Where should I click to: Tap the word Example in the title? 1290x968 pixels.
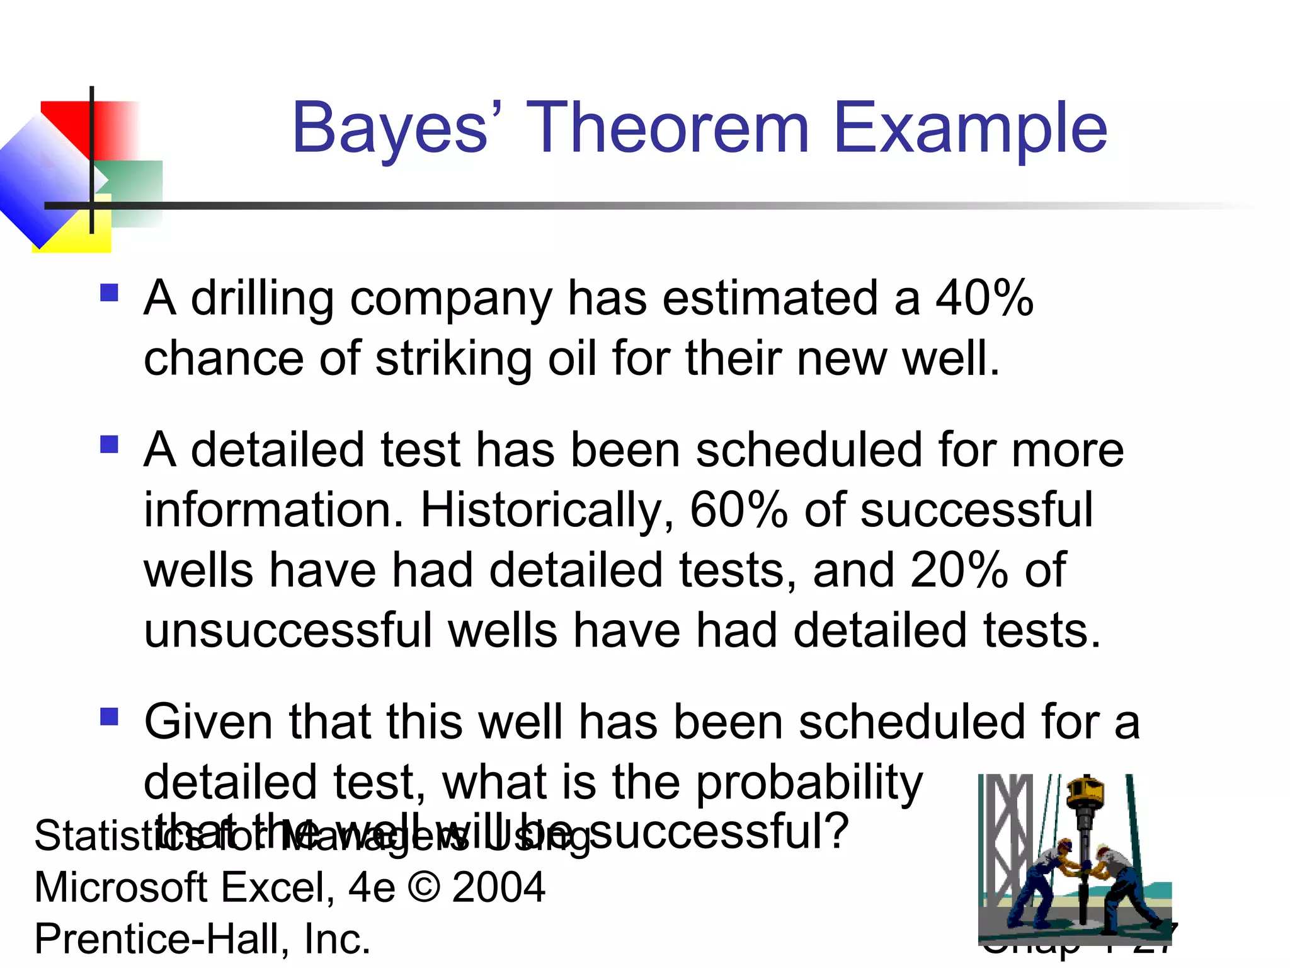coord(970,129)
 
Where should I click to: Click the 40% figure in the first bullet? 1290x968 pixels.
coord(984,297)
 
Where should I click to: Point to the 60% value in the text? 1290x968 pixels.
coord(738,510)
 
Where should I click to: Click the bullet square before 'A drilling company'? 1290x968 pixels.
coord(109,293)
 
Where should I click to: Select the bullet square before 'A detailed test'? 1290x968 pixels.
coord(109,445)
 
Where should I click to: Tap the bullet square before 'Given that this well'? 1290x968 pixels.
coord(109,717)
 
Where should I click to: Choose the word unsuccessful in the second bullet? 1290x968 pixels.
coord(287,631)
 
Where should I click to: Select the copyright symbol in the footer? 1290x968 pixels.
coord(424,887)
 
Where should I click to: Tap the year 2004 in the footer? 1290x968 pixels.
coord(498,887)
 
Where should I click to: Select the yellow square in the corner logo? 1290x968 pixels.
coord(94,236)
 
